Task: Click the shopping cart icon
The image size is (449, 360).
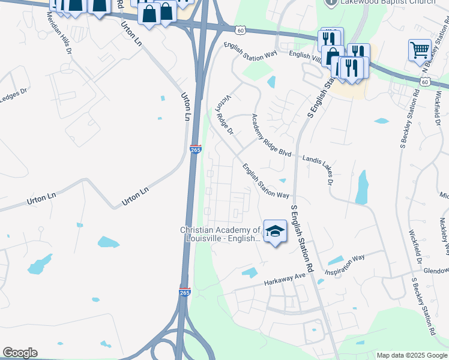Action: click(x=419, y=50)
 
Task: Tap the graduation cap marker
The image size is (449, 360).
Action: click(x=275, y=231)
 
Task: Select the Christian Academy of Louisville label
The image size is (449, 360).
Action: click(x=221, y=234)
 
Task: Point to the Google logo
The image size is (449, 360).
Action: click(x=20, y=353)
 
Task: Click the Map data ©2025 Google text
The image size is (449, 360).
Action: click(x=412, y=355)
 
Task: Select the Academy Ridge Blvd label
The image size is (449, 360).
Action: click(x=271, y=136)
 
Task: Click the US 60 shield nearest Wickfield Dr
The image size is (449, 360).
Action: click(x=425, y=82)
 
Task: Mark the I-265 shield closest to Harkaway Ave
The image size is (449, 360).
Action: click(x=185, y=292)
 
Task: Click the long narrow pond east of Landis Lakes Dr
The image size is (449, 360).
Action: click(x=361, y=187)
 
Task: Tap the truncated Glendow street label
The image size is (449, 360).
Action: click(x=436, y=271)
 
